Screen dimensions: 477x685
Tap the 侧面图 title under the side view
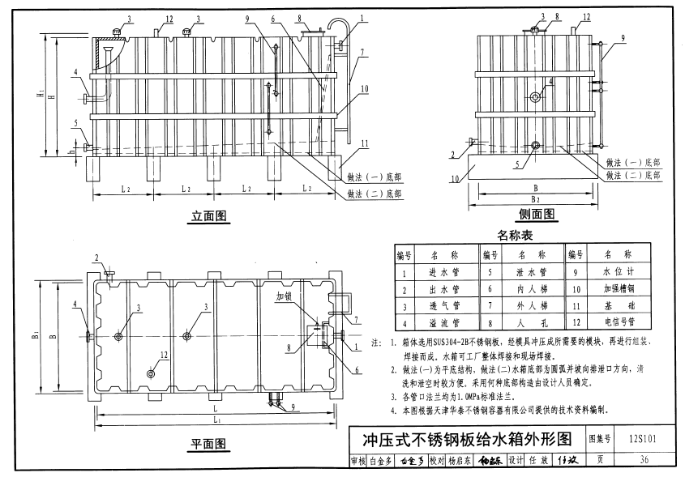tap(537, 215)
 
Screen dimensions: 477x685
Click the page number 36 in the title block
tap(644, 460)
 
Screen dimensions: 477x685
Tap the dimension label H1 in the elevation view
tap(41, 95)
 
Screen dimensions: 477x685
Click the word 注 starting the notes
tap(376, 343)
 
